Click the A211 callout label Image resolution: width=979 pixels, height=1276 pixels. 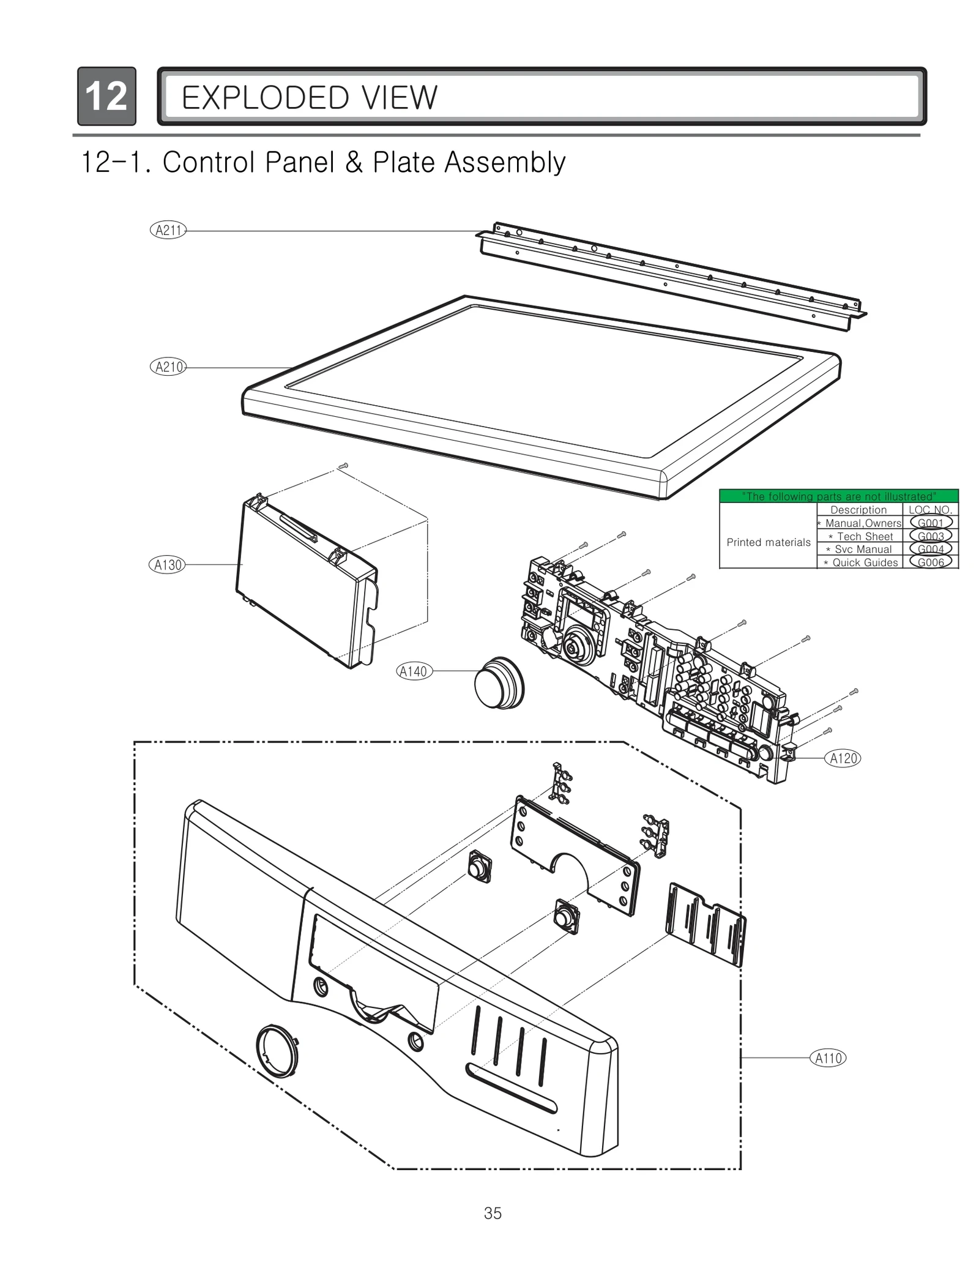[168, 231]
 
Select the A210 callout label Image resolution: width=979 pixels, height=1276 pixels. [168, 367]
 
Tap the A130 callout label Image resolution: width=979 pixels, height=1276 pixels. [167, 565]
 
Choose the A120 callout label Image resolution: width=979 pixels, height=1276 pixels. [843, 758]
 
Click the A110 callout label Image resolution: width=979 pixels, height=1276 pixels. [828, 1058]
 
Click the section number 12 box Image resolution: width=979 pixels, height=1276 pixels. [106, 97]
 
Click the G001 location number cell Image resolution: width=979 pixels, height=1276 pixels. [930, 523]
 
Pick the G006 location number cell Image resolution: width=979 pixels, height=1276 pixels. [930, 562]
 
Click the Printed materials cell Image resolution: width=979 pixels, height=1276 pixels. [768, 542]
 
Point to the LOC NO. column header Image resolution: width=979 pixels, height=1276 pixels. [930, 510]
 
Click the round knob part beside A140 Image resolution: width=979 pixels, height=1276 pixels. [500, 683]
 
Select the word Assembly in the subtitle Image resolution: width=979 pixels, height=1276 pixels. [505, 163]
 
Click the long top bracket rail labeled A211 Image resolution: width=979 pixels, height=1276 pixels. [673, 275]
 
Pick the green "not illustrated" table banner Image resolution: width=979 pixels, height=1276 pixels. [838, 496]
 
